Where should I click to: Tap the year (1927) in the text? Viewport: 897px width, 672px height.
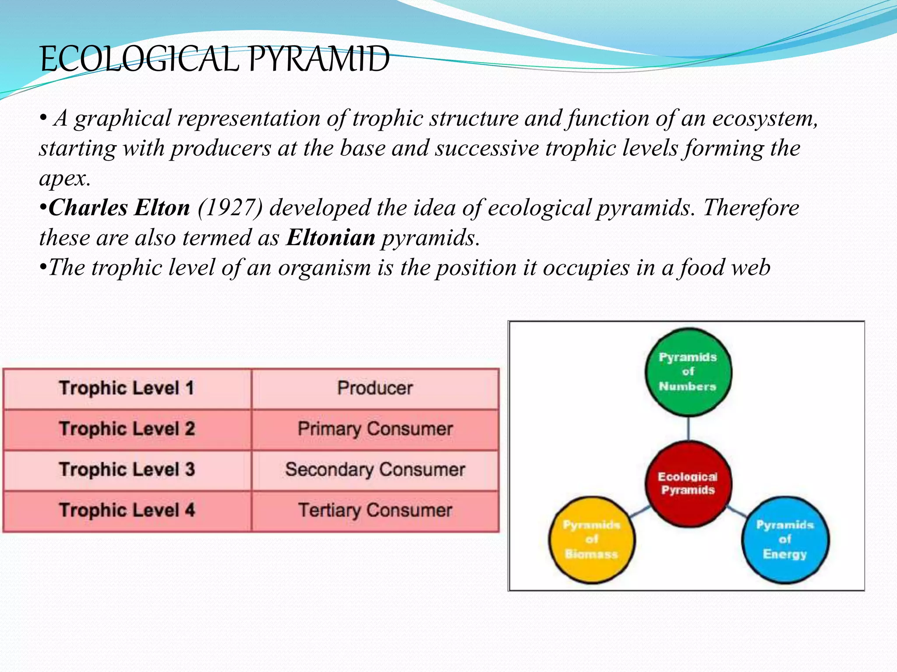point(230,208)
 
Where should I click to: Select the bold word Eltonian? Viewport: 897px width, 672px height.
point(331,238)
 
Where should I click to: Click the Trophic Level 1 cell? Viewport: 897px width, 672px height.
point(127,388)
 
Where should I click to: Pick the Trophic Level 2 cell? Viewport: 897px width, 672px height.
point(127,429)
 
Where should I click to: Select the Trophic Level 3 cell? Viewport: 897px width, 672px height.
point(127,470)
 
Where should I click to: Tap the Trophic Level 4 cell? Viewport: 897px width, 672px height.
point(127,511)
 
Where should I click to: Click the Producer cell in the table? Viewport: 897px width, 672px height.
point(375,388)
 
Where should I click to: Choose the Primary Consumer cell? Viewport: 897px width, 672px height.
point(375,429)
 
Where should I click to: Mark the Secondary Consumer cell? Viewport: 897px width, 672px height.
point(375,470)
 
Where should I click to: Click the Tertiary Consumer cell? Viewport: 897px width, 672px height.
point(375,511)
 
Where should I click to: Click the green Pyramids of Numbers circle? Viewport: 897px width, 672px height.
point(688,372)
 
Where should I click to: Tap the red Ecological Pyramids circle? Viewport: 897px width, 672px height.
point(688,483)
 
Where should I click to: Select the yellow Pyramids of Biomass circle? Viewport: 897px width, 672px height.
point(591,539)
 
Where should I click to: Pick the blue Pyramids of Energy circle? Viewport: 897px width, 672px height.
point(785,539)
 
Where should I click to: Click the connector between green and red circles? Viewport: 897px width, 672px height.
point(688,429)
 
